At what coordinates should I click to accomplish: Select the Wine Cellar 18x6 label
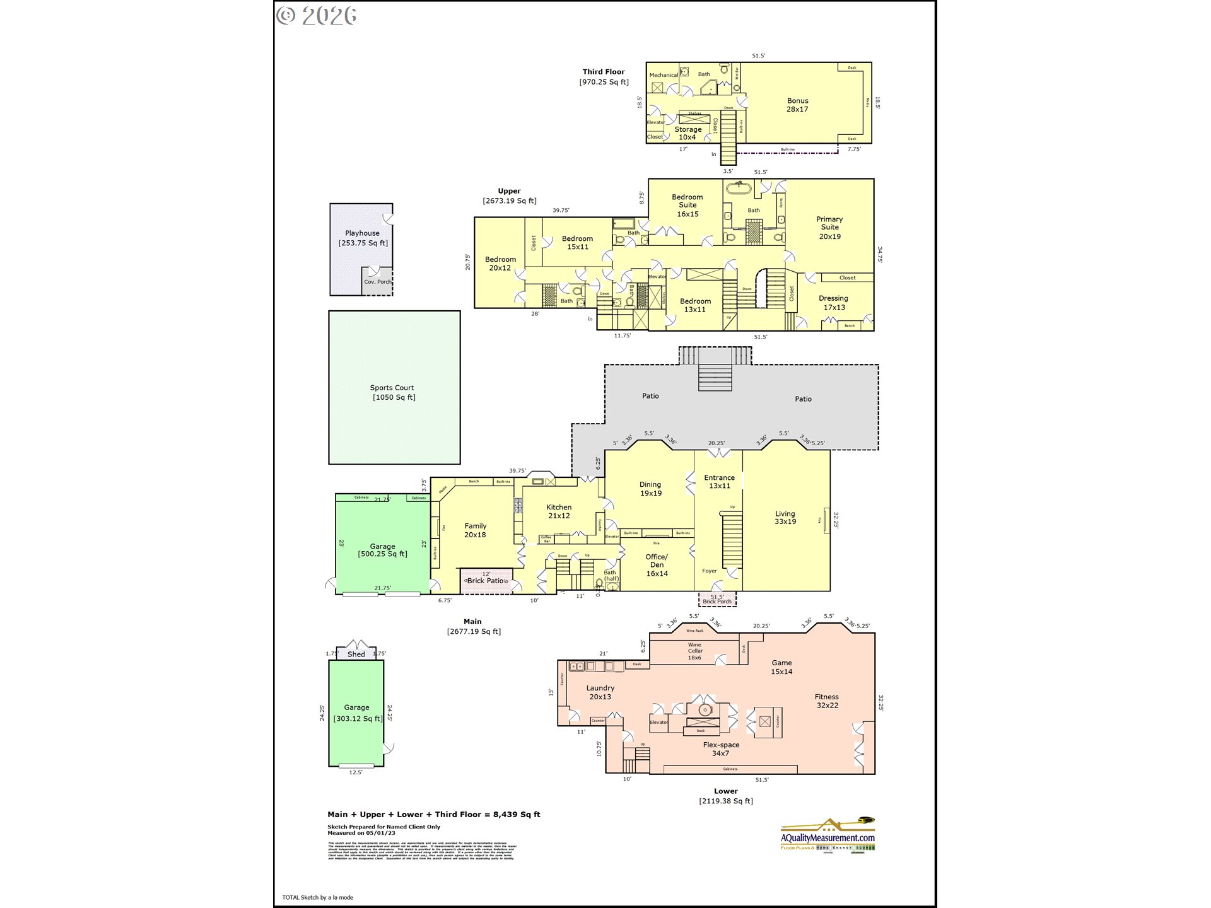694,651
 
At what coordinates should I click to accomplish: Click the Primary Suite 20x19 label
829,228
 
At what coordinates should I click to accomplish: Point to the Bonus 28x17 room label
797,105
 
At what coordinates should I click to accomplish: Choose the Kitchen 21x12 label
559,511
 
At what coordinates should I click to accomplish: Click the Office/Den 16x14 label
657,565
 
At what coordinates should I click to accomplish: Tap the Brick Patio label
486,581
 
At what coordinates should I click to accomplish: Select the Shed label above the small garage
356,654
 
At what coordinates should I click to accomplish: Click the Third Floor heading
604,72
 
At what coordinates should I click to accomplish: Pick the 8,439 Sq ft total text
517,815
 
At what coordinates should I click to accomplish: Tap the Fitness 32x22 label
827,701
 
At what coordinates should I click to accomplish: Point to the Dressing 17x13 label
833,303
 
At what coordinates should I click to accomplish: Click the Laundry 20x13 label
600,692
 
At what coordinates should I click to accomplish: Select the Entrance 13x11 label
719,482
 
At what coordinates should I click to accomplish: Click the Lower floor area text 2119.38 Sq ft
726,801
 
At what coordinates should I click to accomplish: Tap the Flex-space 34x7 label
721,749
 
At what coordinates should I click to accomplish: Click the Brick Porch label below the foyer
717,601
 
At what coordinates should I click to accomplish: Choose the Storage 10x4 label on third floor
687,133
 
